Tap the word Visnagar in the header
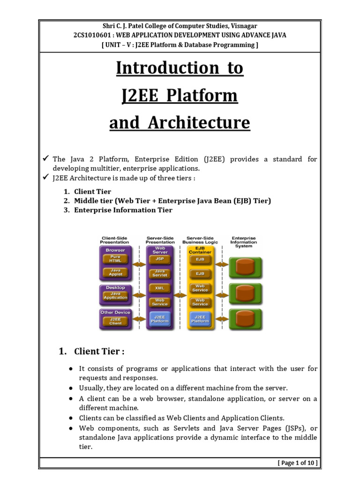pyautogui.click(x=241, y=26)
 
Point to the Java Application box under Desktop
pyautogui.click(x=115, y=295)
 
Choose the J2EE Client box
pyautogui.click(x=115, y=321)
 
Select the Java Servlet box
pyautogui.click(x=159, y=273)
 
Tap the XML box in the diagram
pyautogui.click(x=159, y=288)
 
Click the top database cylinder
pyautogui.click(x=244, y=267)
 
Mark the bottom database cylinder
pyautogui.click(x=244, y=319)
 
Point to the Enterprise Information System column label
pyautogui.click(x=244, y=242)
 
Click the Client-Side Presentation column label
pyautogui.click(x=115, y=240)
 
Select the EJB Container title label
pyautogui.click(x=200, y=250)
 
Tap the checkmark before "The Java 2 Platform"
pyautogui.click(x=45, y=159)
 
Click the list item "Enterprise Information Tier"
pyautogui.click(x=123, y=210)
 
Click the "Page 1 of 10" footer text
pyautogui.click(x=297, y=463)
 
